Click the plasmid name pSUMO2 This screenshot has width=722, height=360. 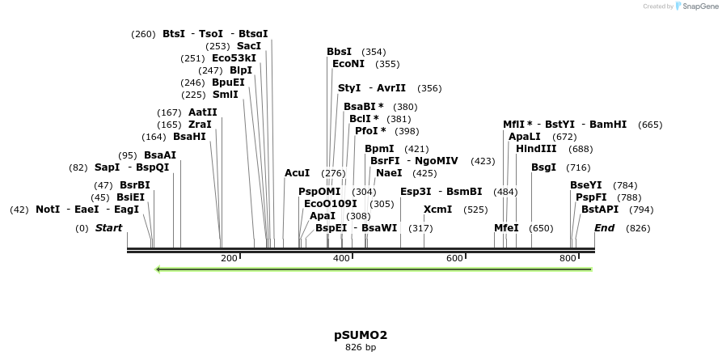click(361, 335)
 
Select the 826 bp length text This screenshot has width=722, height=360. click(361, 348)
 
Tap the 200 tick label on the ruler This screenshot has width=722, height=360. click(229, 258)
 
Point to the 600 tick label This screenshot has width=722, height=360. click(454, 258)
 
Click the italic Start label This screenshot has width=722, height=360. click(108, 228)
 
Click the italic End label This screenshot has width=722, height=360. click(605, 228)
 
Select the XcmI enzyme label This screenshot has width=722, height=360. click(438, 210)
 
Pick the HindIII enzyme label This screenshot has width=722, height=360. click(536, 149)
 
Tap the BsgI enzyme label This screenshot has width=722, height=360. click(543, 167)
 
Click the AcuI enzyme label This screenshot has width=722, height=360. click(297, 173)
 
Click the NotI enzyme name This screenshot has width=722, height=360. click(48, 210)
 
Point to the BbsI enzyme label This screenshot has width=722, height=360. click(339, 52)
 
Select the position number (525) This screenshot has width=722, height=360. click(475, 210)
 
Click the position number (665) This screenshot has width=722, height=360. click(650, 125)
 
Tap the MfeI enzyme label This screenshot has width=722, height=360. click(506, 228)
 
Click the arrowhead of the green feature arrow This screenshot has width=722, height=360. click(159, 269)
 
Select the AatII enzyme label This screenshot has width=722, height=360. click(202, 112)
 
